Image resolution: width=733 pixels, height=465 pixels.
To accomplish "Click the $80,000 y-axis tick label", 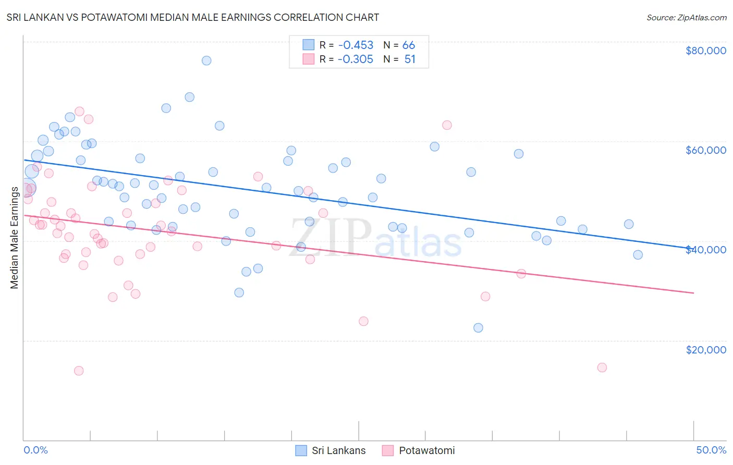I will pos(705,51).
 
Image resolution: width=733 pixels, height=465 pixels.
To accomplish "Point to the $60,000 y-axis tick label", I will pos(705,150).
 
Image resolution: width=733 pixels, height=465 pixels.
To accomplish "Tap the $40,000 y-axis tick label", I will pos(705,250).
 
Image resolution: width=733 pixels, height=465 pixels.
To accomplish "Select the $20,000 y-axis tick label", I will pos(705,349).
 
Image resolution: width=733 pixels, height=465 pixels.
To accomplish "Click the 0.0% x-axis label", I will pos(35,450).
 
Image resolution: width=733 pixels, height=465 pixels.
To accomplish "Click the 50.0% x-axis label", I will pos(711,450).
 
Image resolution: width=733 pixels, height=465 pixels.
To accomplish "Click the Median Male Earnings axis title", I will pos(14,237).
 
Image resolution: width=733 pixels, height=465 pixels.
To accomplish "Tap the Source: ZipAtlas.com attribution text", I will pos(686,17).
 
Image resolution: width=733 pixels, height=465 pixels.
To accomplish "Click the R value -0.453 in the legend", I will pos(356,45).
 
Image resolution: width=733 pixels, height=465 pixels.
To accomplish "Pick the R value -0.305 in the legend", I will pos(356,59).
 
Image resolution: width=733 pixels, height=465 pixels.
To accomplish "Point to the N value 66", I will pos(409,45).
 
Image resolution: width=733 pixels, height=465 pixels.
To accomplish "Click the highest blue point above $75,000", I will pos(206,60).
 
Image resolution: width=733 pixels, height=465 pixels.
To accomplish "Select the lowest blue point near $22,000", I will pos(478,328).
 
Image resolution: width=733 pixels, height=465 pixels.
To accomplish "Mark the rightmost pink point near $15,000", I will pos(602,368).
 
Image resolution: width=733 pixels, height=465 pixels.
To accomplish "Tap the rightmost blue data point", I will pos(638,255).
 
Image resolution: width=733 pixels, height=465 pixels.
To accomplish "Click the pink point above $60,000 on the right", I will pos(447,125).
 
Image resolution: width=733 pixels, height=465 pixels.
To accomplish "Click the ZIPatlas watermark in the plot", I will pos(375,238).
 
